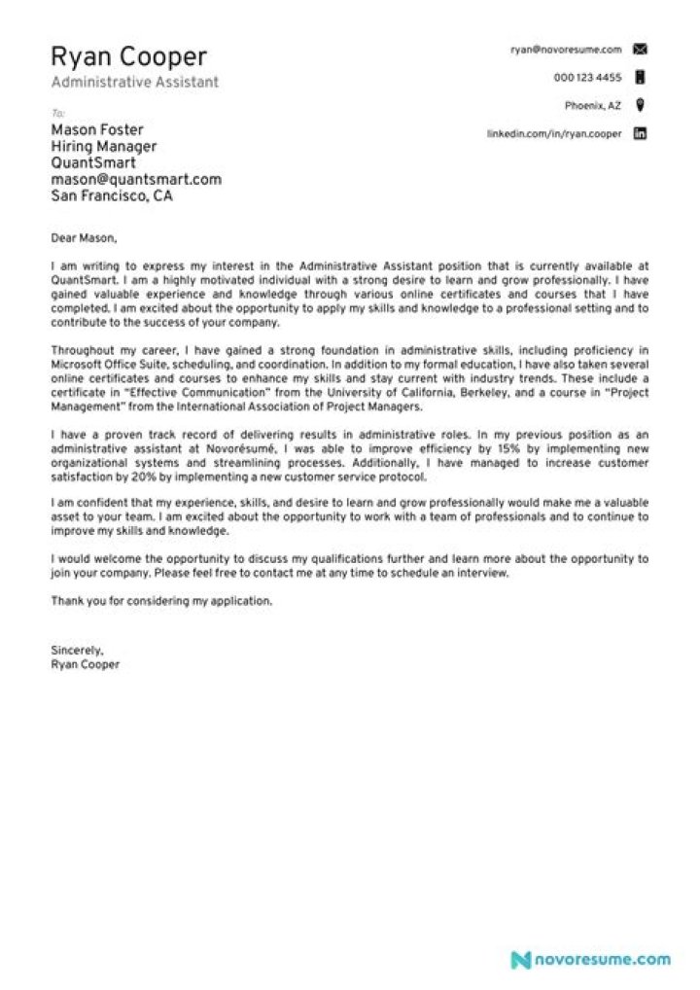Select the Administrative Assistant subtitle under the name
134,83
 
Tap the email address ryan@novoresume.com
566,49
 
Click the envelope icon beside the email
640,49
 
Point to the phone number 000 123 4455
587,77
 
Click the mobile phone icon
640,77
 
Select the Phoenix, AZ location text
593,105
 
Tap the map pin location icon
640,105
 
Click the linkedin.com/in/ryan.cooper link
553,134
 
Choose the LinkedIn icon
640,134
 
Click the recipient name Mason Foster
97,129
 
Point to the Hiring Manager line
103,147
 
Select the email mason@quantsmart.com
136,179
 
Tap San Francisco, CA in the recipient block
112,195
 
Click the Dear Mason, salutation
83,237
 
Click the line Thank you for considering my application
161,601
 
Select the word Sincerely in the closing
76,650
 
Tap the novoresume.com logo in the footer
591,959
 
